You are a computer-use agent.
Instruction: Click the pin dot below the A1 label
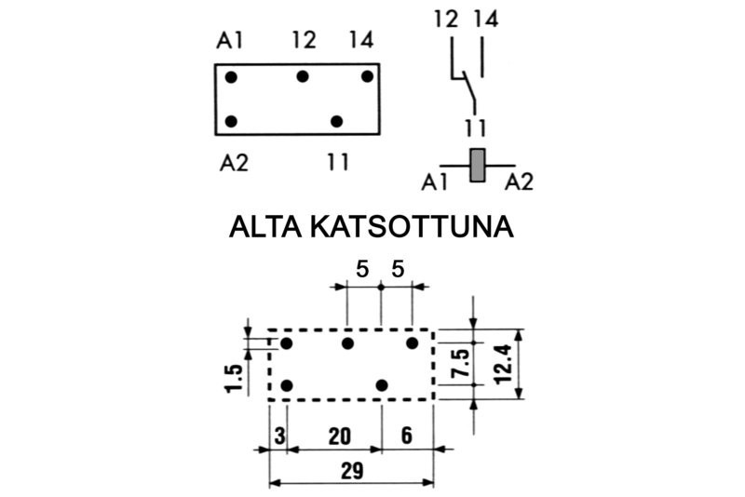[x=231, y=77]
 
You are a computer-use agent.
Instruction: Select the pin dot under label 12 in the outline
[x=303, y=76]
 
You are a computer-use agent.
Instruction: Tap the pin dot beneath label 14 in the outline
[x=367, y=76]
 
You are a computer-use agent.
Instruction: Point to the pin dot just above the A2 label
[x=231, y=122]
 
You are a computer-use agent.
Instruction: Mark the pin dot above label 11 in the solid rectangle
[x=336, y=122]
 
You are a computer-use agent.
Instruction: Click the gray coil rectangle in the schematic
[x=477, y=165]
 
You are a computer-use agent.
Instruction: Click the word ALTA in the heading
[x=265, y=227]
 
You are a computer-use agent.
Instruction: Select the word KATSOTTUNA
[x=412, y=227]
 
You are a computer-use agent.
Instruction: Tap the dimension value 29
[x=352, y=471]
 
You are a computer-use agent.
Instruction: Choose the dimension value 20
[x=340, y=437]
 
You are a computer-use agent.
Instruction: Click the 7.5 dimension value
[x=461, y=363]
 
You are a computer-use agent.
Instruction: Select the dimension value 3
[x=280, y=437]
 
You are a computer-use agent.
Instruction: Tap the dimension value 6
[x=407, y=436]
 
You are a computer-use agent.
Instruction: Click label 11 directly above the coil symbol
[x=476, y=128]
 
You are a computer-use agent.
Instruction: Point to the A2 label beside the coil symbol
[x=520, y=181]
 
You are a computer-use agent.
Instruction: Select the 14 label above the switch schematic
[x=485, y=20]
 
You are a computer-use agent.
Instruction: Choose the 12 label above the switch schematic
[x=446, y=20]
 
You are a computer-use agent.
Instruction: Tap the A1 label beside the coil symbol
[x=434, y=182]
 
